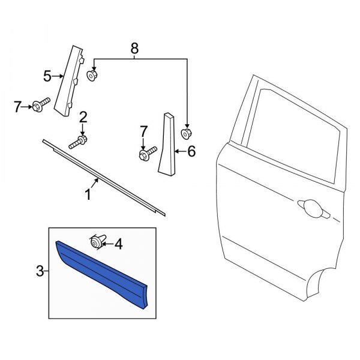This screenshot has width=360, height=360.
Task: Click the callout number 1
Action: click(x=88, y=194)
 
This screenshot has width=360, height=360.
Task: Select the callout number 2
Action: click(x=83, y=116)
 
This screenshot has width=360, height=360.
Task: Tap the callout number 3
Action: click(x=40, y=271)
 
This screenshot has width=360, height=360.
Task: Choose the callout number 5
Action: click(x=47, y=76)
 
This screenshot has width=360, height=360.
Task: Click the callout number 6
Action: click(x=191, y=151)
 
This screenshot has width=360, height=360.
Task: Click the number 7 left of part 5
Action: click(x=17, y=107)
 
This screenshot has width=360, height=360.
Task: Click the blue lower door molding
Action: click(x=102, y=270)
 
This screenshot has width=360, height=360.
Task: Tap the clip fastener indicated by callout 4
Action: click(x=95, y=241)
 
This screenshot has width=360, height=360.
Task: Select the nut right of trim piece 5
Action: click(x=93, y=76)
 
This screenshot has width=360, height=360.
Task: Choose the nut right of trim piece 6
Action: click(x=187, y=133)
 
